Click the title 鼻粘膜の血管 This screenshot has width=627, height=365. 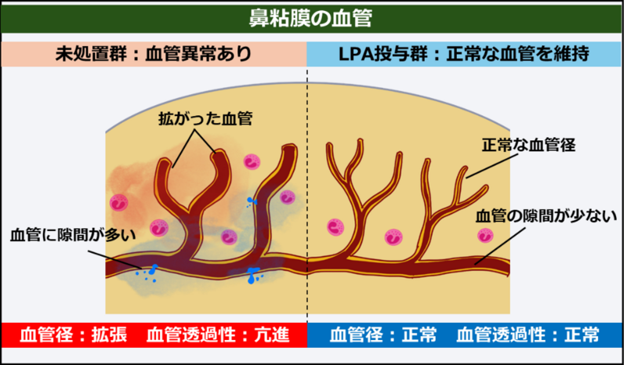pos(314,16)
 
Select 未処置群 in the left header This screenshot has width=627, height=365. pos(85,54)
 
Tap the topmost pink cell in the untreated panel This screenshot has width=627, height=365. pos(252,162)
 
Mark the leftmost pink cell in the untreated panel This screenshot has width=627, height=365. pos(119,202)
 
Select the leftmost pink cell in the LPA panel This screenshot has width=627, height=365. pos(335,229)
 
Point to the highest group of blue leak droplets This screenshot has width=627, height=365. pos(251,202)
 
